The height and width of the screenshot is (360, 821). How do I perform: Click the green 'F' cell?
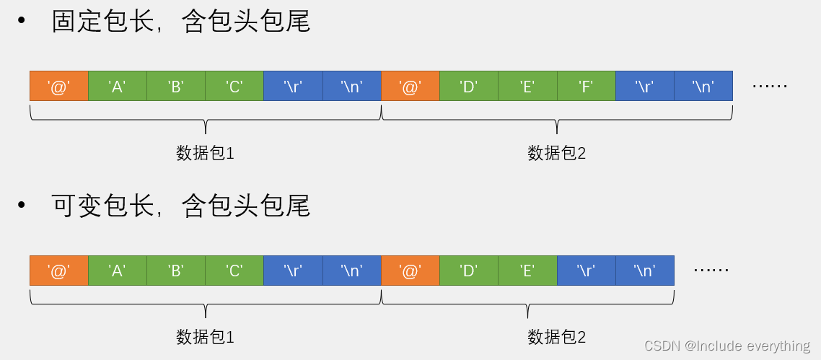tap(586, 86)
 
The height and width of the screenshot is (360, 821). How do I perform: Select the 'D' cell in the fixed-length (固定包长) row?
tap(469, 86)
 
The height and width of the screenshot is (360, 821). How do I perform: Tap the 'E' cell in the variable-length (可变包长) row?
tap(527, 270)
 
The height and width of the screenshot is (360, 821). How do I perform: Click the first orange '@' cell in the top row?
tap(58, 86)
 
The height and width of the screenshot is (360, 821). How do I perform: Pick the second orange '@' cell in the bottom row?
tap(410, 270)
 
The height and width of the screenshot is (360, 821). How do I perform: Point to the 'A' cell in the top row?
tap(117, 86)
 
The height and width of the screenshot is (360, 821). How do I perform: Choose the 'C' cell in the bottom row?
tap(234, 270)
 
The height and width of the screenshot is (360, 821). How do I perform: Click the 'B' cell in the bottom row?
tap(175, 270)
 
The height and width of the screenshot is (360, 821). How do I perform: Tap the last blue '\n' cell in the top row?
tap(703, 86)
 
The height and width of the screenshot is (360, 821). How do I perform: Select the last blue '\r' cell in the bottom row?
tap(586, 270)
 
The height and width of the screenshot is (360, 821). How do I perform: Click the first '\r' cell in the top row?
tap(293, 86)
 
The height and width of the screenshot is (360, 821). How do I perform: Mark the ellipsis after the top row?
tap(770, 86)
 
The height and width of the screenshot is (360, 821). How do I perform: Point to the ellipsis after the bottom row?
tap(711, 270)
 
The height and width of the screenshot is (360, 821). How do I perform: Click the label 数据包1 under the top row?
tap(206, 153)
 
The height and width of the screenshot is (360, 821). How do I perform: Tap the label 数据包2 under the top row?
tap(556, 153)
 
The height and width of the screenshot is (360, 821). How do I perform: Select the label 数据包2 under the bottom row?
tap(556, 336)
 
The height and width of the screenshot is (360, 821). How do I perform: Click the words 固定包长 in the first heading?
tap(103, 22)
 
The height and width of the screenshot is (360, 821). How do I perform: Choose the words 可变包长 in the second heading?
tap(103, 206)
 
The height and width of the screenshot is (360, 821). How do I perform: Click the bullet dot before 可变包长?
tap(22, 206)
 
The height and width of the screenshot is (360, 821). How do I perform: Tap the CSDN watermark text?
tap(726, 346)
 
